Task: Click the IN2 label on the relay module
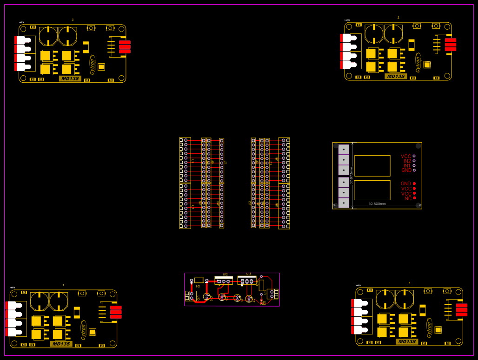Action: coord(407,161)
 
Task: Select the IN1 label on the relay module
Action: coord(407,165)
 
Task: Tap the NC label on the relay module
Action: coord(408,198)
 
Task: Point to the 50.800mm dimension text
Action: coord(377,204)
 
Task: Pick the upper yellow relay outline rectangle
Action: coord(372,165)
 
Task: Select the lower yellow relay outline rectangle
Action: coord(372,190)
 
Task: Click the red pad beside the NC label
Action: coord(414,198)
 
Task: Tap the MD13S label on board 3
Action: coord(70,79)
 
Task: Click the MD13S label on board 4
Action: coord(407,341)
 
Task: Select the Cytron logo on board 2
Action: coord(418,64)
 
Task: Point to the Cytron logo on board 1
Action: coord(84,330)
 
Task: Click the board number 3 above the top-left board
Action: coord(73,20)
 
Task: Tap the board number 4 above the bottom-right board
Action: coord(410,283)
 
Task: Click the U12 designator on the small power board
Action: coord(225,275)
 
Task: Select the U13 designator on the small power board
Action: coord(248,274)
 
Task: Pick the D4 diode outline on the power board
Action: coord(199,280)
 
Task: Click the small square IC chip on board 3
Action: coord(101,66)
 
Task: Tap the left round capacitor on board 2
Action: coord(373,33)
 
